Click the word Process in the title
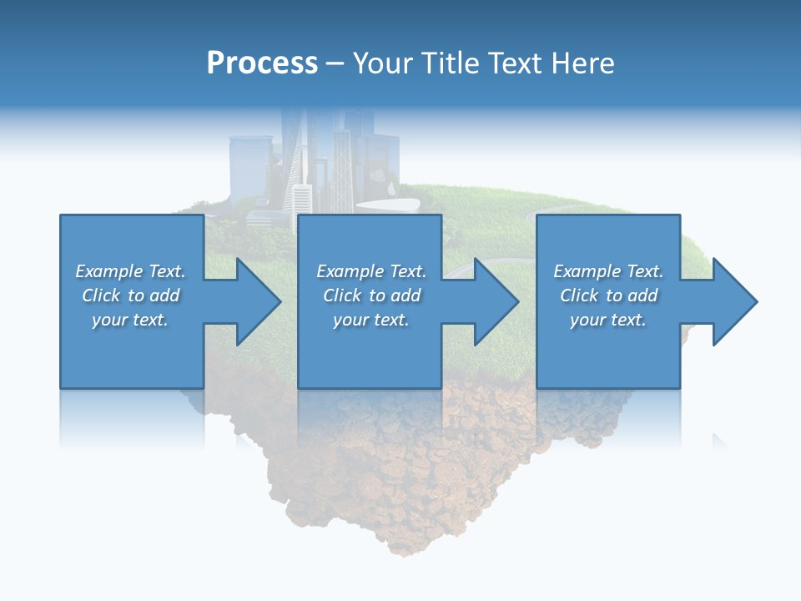pyautogui.click(x=262, y=63)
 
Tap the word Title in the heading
pyautogui.click(x=451, y=63)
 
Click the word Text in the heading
pyautogui.click(x=516, y=63)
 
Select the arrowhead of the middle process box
pyautogui.click(x=495, y=301)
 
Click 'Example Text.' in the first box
pyautogui.click(x=130, y=271)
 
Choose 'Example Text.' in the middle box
pyautogui.click(x=371, y=271)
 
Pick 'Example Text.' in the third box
pyautogui.click(x=608, y=271)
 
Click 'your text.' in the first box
pyautogui.click(x=130, y=320)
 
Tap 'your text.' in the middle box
pyautogui.click(x=371, y=320)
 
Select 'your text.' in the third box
pyautogui.click(x=608, y=320)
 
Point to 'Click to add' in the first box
pyautogui.click(x=130, y=295)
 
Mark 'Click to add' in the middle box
pyautogui.click(x=371, y=295)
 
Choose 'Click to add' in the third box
pyautogui.click(x=608, y=295)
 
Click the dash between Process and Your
pyautogui.click(x=335, y=64)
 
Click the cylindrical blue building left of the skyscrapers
pyautogui.click(x=247, y=167)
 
